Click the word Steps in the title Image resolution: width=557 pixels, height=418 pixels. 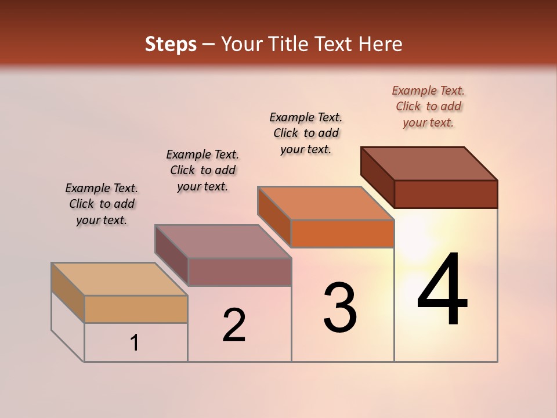click(171, 44)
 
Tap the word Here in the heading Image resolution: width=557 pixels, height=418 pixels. click(381, 44)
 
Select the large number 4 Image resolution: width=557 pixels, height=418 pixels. click(442, 290)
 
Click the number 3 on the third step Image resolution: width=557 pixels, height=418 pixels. click(340, 308)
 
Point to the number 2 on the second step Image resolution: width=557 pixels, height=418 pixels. click(234, 325)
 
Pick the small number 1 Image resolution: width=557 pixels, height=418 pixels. click(135, 343)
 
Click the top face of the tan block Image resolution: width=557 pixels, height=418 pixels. click(120, 279)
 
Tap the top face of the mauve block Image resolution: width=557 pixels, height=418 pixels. click(223, 242)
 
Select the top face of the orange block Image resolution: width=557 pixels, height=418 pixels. click(326, 203)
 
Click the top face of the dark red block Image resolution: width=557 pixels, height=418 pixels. click(429, 164)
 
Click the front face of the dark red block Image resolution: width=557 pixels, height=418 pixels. click(446, 194)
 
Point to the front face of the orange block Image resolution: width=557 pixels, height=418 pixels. click(342, 233)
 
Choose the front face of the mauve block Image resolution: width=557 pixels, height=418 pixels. click(240, 272)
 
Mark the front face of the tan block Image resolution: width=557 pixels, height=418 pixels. click(136, 309)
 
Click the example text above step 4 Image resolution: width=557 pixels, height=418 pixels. click(428, 106)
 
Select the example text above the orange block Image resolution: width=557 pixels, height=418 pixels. click(306, 133)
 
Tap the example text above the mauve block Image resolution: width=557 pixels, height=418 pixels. click(202, 170)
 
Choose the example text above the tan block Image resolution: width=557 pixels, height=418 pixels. click(102, 204)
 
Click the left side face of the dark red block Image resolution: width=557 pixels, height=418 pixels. click(378, 177)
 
